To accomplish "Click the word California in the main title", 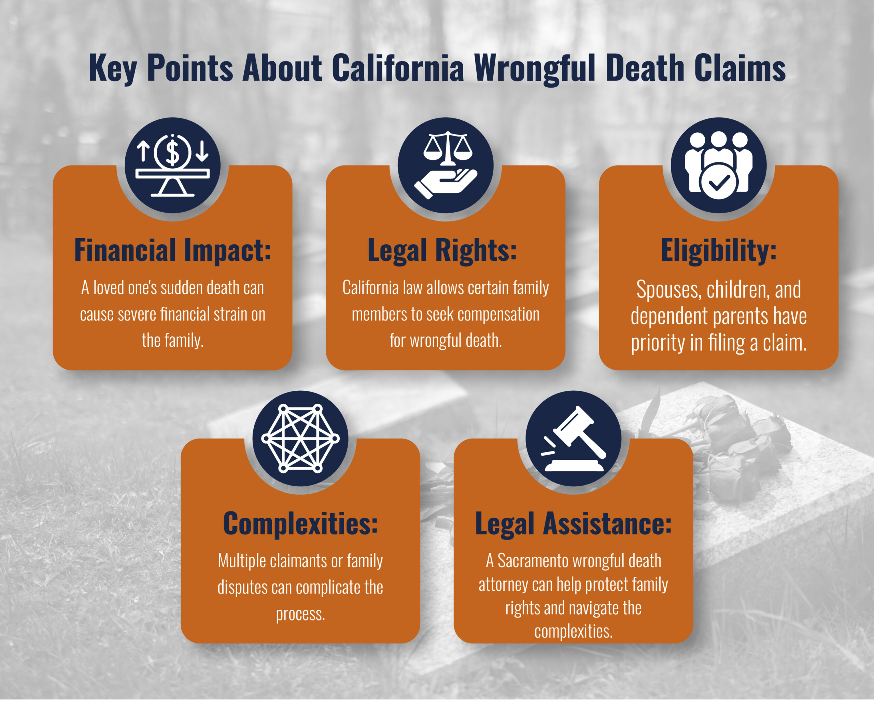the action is [398, 68].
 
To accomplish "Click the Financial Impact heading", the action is [173, 250].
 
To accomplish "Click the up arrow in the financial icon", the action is [143, 151].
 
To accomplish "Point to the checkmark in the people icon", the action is [719, 182].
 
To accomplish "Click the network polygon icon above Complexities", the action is [300, 439].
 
